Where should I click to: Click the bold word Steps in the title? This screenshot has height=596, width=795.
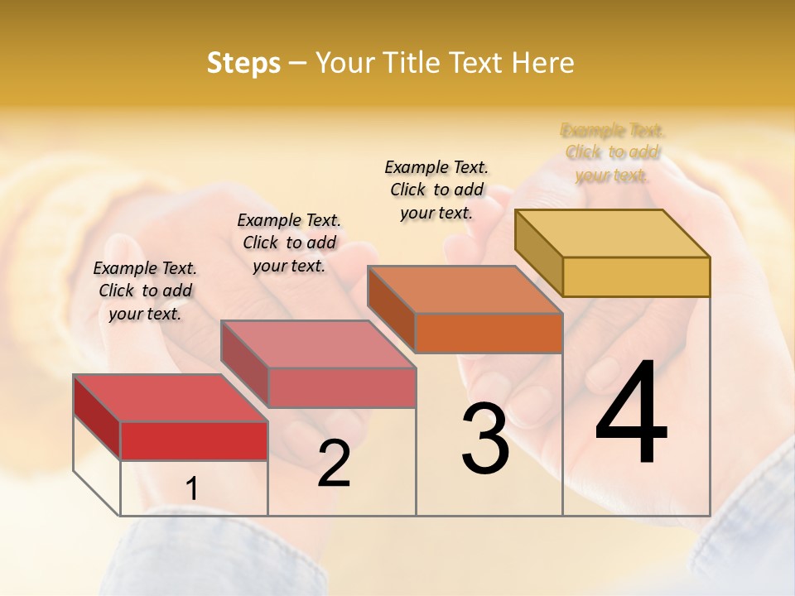click(x=243, y=63)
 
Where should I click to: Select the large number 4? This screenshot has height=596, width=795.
click(x=631, y=414)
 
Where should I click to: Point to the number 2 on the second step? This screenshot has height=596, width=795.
click(x=334, y=464)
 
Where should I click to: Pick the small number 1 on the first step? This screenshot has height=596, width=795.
click(x=191, y=489)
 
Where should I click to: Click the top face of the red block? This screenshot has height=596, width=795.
click(x=171, y=398)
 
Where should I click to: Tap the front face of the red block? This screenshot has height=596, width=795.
click(x=194, y=440)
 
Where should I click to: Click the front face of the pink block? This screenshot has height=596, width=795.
click(x=341, y=387)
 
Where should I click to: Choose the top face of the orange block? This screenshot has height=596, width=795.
click(x=465, y=290)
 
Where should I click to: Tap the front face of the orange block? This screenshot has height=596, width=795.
click(x=488, y=333)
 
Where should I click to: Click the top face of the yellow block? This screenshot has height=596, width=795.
click(x=612, y=233)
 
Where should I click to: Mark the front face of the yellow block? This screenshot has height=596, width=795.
click(x=635, y=276)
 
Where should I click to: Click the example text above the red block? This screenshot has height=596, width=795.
click(x=145, y=291)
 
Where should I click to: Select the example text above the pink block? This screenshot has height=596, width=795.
click(x=289, y=243)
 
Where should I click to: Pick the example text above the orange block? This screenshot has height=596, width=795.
click(x=436, y=190)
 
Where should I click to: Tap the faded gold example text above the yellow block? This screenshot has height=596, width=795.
click(x=612, y=152)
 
